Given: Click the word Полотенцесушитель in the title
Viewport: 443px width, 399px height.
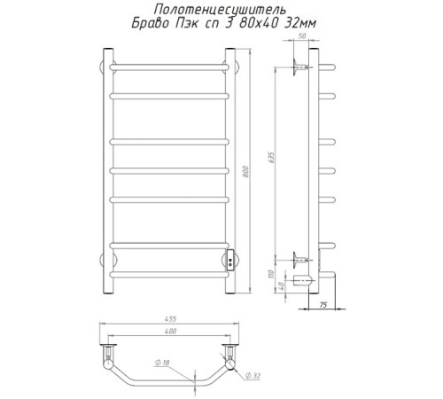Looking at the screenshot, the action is click(x=220, y=10).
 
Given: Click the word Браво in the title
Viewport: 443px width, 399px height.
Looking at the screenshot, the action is click(x=151, y=23).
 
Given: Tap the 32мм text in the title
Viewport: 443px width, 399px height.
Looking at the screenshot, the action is click(x=299, y=23).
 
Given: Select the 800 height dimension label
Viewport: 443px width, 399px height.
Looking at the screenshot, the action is click(x=246, y=172).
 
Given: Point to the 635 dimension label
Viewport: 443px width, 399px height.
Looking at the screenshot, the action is click(x=271, y=158).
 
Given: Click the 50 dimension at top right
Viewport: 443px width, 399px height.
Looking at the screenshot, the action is click(x=302, y=36).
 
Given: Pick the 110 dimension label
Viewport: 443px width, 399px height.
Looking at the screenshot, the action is click(x=272, y=274).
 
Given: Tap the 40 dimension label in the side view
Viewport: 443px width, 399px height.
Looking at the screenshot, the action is click(x=281, y=286).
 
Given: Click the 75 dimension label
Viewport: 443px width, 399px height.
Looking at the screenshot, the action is click(x=323, y=305).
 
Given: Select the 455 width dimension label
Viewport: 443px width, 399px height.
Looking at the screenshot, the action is click(x=170, y=319).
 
